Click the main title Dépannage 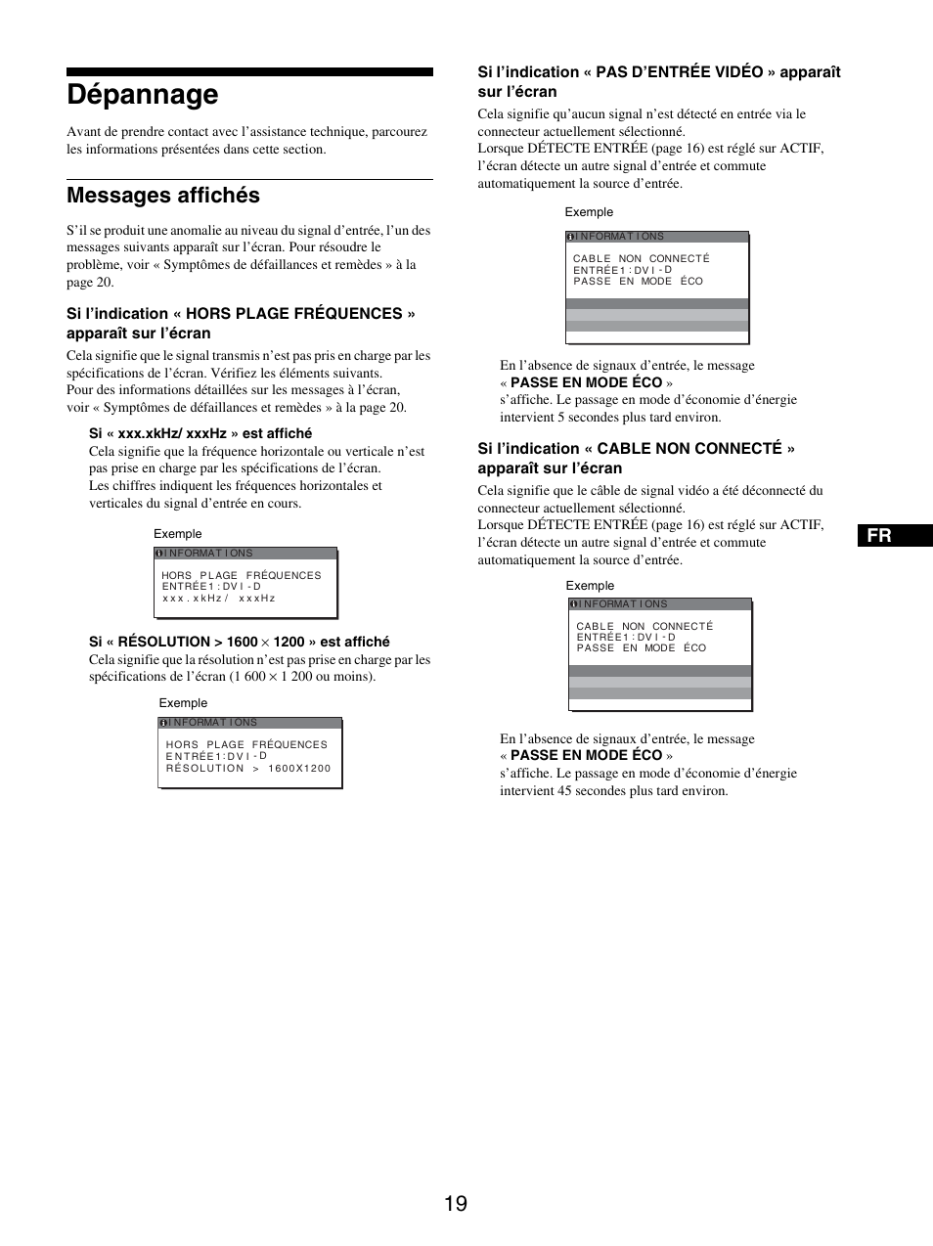(143, 95)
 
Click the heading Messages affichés (163, 196)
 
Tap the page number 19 (455, 1203)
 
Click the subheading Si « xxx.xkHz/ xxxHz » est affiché (200, 433)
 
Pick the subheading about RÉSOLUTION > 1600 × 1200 (240, 642)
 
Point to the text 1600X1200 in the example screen (299, 769)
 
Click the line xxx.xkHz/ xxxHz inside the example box (219, 598)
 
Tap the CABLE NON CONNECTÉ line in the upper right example (642, 259)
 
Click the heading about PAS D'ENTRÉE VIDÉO (658, 81)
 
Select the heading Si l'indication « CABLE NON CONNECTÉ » (636, 458)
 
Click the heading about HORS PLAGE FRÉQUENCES (241, 323)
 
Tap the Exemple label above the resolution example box (183, 703)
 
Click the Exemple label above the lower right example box (590, 586)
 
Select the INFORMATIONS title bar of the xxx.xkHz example (244, 554)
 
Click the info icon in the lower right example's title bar (573, 604)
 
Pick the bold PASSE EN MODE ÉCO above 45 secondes (586, 756)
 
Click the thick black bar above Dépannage (249, 72)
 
